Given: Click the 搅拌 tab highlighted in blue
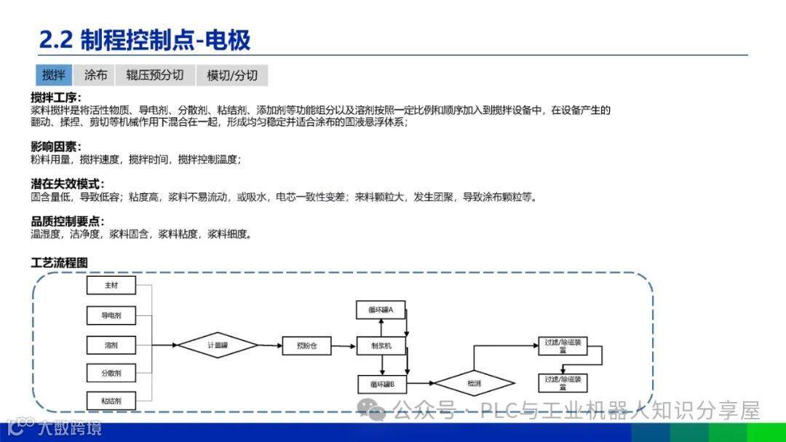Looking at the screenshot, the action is (54, 75).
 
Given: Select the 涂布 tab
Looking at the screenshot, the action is (95, 75).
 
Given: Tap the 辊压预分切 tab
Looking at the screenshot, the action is (154, 75).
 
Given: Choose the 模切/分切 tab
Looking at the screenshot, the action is (232, 75).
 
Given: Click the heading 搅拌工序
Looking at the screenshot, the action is (56, 98).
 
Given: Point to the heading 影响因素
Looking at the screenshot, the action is (56, 147).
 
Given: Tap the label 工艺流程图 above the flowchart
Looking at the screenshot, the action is (60, 262).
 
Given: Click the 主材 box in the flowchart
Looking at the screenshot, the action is (111, 285).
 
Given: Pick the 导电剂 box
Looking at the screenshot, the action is (111, 315).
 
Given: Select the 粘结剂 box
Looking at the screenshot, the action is (111, 400).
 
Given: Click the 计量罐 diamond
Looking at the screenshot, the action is (218, 346).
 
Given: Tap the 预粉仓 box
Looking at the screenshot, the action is (306, 346).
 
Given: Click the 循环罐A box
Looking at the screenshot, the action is (381, 309).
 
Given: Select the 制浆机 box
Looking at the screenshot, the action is (381, 346).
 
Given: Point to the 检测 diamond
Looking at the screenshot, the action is (475, 383).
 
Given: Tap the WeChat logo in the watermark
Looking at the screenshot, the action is (376, 411).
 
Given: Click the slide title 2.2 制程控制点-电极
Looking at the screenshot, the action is (145, 40).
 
